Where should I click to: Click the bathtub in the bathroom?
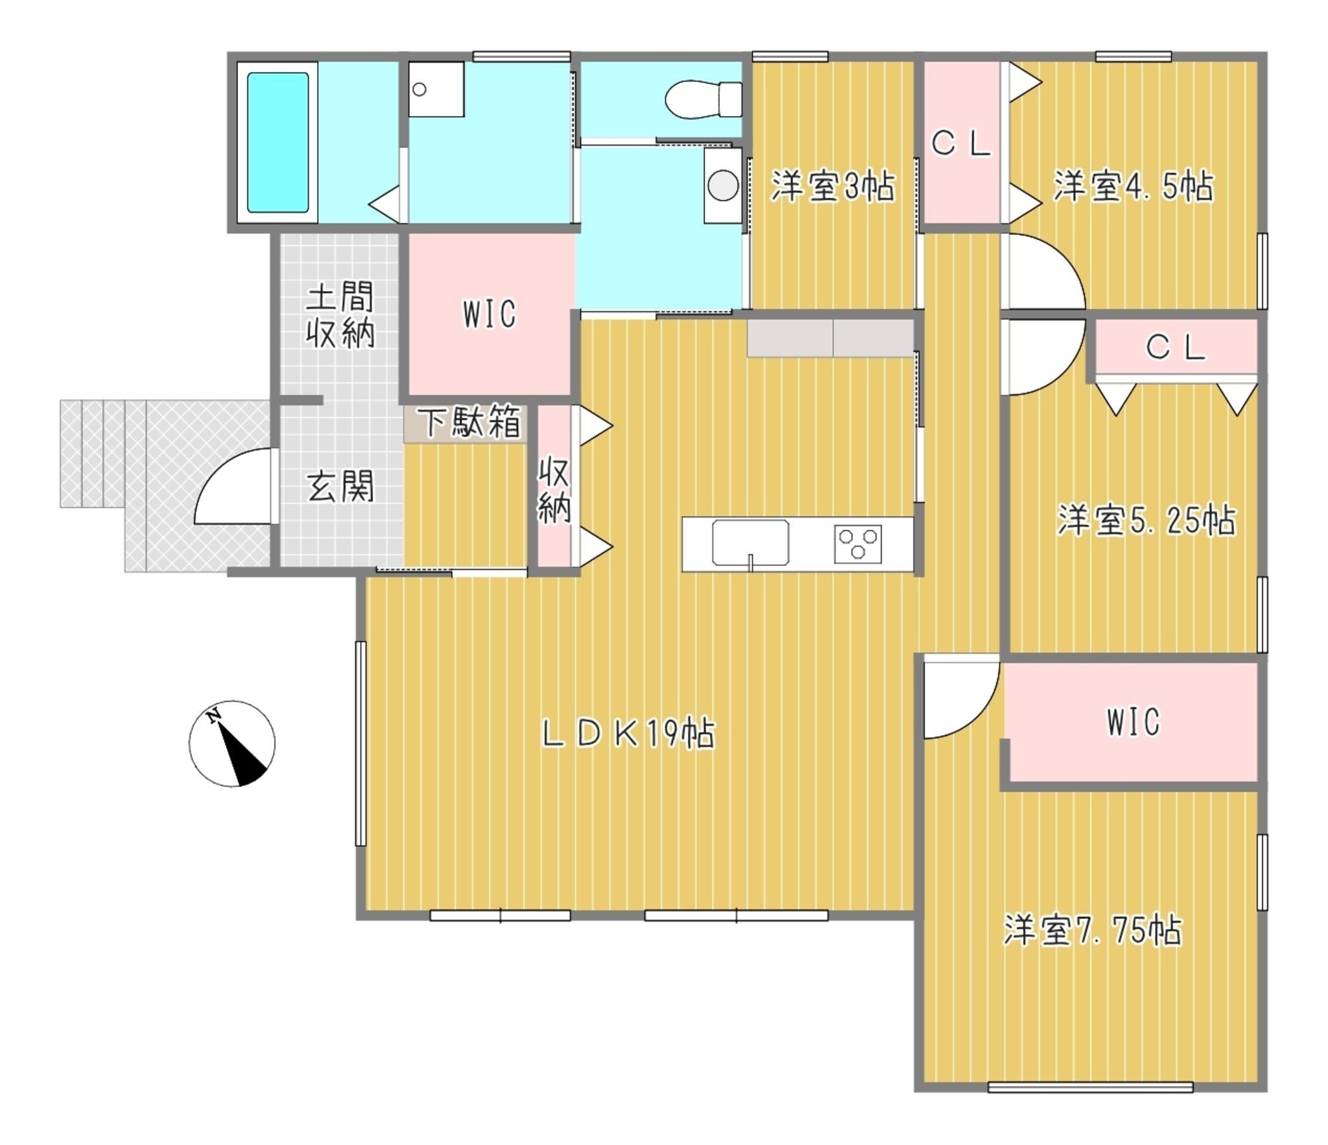(278, 142)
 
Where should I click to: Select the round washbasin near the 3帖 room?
(723, 186)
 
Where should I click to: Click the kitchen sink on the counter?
(750, 542)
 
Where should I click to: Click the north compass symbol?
(231, 743)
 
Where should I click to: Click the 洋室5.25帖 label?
(1146, 520)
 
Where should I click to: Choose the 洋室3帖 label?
(833, 187)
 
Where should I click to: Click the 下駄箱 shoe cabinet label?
(472, 422)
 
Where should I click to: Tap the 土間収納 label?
(340, 315)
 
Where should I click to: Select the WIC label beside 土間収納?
(490, 314)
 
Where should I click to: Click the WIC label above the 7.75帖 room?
(1133, 722)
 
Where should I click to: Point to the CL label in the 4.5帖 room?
(962, 145)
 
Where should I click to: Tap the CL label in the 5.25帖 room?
(1176, 348)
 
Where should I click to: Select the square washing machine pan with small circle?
(436, 90)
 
